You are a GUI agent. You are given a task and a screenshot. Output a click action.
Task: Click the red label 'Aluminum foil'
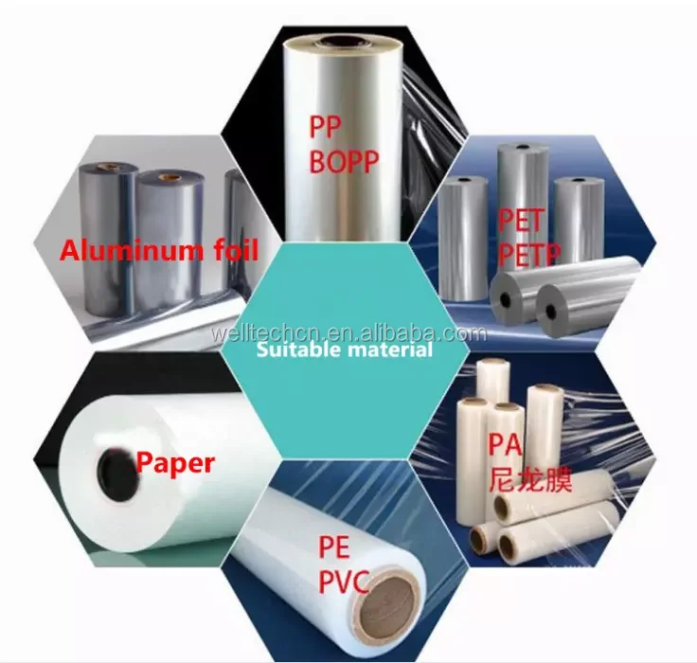coord(159,251)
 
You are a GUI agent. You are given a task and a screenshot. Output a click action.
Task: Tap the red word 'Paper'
coord(175,462)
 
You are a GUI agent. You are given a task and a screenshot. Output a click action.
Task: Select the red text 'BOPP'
coord(343,162)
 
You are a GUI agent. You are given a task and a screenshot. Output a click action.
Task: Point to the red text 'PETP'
coord(527,253)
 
